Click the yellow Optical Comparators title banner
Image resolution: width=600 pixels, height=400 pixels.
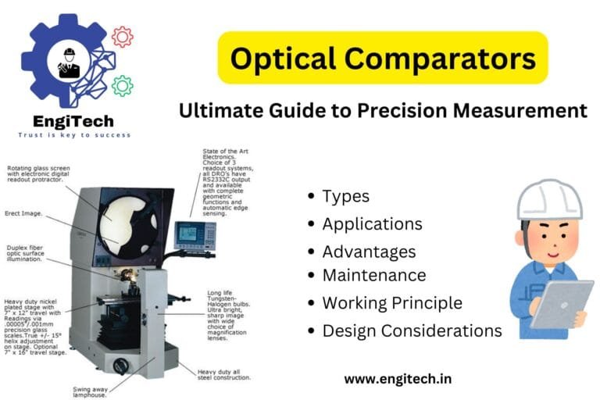382,58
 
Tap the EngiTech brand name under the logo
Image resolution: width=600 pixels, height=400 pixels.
73,121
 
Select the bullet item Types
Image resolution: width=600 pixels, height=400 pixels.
345,196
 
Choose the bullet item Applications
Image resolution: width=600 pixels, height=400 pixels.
372,224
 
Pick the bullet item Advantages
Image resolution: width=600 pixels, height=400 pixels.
369,252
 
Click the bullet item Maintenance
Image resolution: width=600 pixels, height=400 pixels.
373,275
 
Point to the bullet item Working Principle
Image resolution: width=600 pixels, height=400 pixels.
391,302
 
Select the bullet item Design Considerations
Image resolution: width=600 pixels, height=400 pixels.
412,330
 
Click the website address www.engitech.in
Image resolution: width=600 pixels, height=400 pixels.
398,379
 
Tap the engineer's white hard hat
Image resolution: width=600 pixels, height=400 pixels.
549,198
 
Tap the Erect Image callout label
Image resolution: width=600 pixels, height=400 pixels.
24,212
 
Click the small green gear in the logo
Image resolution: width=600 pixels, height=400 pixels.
122,85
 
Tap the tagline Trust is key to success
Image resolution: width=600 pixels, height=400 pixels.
74,135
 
